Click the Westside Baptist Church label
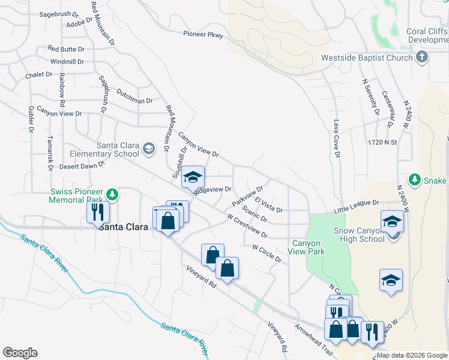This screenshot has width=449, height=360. [367, 58]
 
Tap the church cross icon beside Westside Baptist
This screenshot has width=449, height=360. [422, 58]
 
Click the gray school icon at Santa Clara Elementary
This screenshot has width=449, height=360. [148, 148]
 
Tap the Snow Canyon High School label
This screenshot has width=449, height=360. [358, 235]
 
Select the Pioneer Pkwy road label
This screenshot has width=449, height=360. [203, 35]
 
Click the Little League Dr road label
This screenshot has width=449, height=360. [357, 207]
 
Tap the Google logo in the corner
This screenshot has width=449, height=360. [20, 353]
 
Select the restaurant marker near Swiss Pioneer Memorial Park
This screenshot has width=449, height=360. [97, 212]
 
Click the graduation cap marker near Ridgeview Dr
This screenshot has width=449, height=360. [193, 177]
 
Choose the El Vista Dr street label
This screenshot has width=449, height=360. [268, 205]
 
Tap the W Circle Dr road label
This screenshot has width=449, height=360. [267, 253]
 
